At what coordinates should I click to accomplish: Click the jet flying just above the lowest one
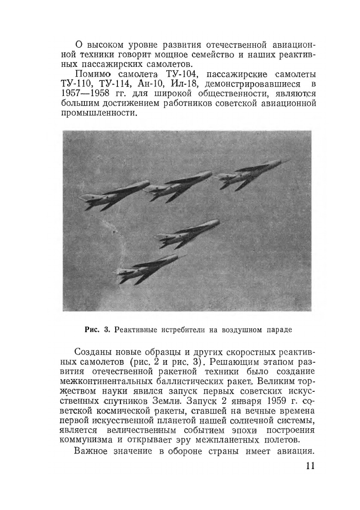tap(189, 231)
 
